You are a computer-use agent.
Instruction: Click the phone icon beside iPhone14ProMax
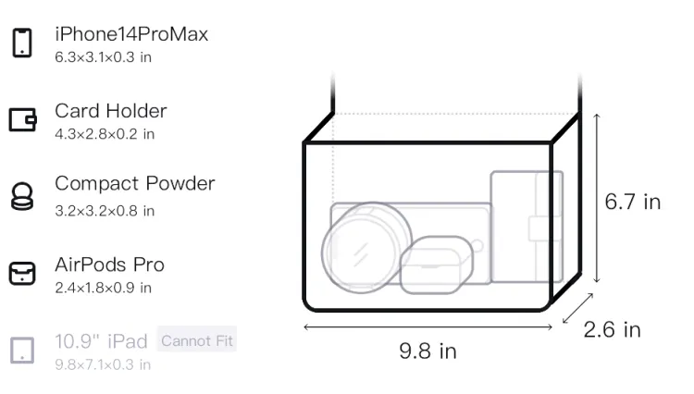pyautogui.click(x=22, y=43)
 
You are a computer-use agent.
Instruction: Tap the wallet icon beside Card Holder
pyautogui.click(x=22, y=120)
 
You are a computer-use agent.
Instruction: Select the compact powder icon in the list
pyautogui.click(x=21, y=196)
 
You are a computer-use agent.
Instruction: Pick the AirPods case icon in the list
pyautogui.click(x=21, y=273)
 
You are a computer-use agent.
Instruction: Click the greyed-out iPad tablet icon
pyautogui.click(x=22, y=351)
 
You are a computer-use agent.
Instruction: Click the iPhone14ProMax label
pyautogui.click(x=131, y=34)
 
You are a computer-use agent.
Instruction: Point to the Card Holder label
pyautogui.click(x=111, y=111)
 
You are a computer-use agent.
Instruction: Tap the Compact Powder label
pyautogui.click(x=135, y=183)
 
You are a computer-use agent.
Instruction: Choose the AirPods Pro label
pyautogui.click(x=110, y=265)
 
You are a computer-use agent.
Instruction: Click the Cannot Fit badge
pyautogui.click(x=197, y=340)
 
